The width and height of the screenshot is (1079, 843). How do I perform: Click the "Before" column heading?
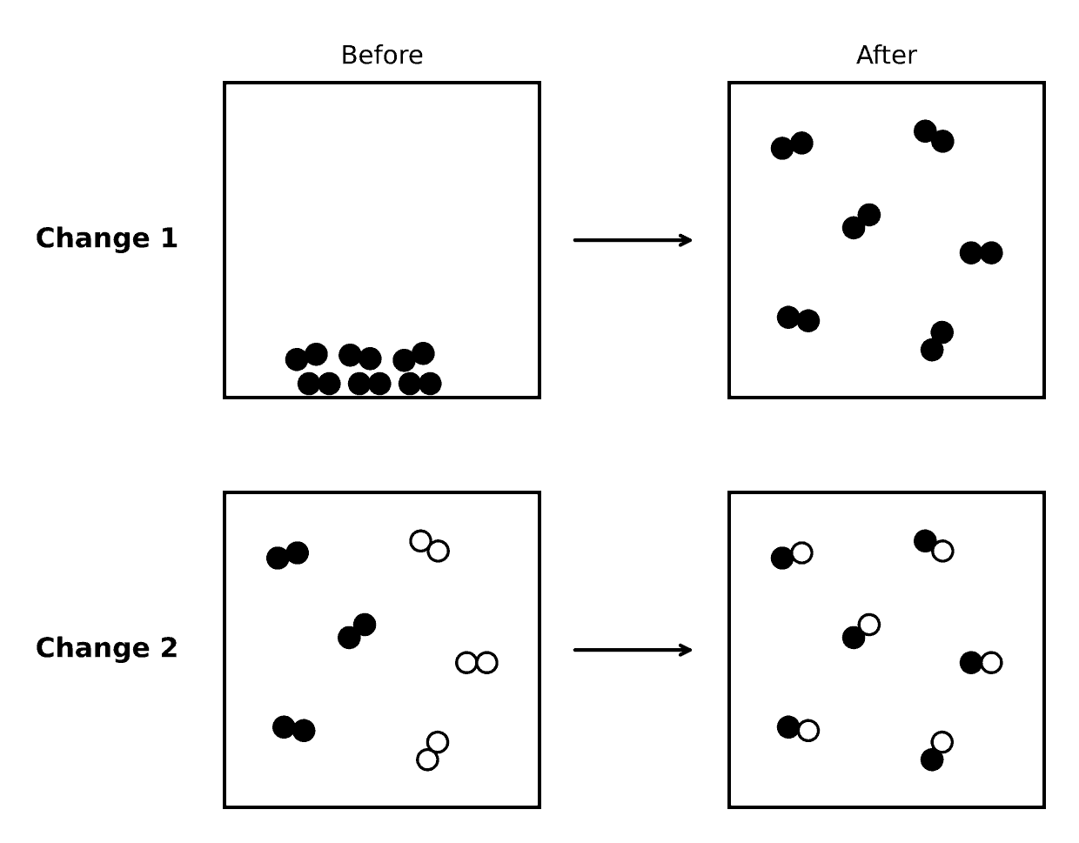[382, 55]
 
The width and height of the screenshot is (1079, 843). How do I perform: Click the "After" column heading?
[887, 55]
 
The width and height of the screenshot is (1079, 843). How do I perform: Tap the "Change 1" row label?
[106, 238]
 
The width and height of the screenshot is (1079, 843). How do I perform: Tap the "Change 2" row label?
[106, 647]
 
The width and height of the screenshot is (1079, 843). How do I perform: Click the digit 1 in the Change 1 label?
[169, 238]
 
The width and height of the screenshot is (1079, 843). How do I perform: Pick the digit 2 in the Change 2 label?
[169, 647]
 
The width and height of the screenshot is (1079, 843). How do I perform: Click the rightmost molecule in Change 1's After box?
[981, 253]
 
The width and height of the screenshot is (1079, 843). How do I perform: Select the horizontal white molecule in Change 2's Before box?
[477, 663]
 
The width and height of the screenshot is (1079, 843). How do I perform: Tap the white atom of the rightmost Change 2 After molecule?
[991, 663]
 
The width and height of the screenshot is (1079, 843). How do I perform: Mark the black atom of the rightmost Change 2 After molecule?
[971, 663]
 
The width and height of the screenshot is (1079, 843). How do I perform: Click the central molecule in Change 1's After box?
[861, 222]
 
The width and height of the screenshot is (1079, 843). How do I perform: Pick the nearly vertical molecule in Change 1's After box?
[937, 341]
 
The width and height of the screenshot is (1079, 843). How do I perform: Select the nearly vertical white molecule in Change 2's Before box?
[432, 751]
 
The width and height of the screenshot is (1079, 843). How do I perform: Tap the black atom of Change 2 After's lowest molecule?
[932, 759]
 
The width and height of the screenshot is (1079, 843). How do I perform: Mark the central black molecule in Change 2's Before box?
[357, 631]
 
